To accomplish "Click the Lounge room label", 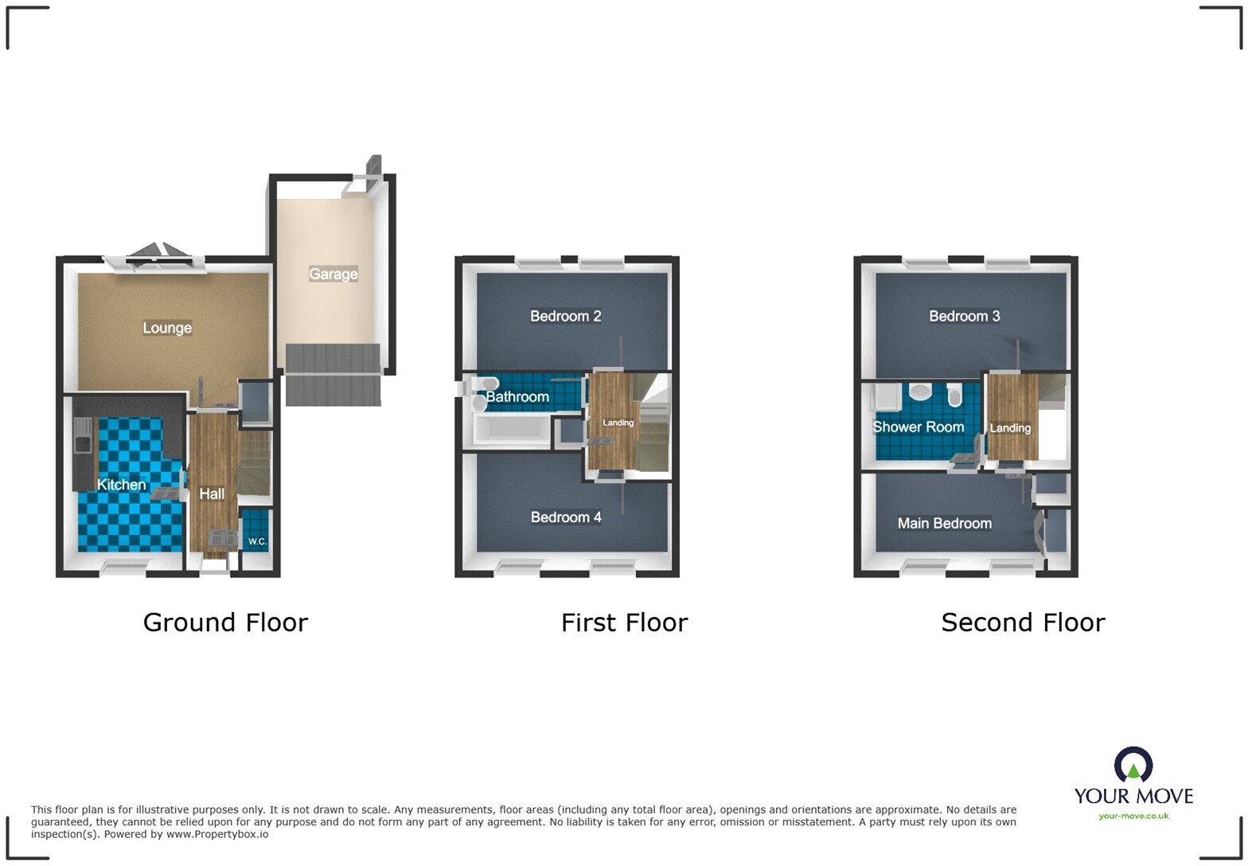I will pos(167,328).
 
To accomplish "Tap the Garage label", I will pos(333,274).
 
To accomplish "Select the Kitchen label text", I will pos(121,484).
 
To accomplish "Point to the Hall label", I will pos(212,494).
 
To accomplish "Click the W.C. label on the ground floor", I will pos(256,541).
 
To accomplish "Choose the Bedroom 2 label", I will pos(565,316).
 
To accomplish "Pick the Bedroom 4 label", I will pos(566,517).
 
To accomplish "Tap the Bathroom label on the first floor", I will pos(517,396).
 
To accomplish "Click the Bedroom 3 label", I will pos(964,316).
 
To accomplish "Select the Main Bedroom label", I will pos(944,523).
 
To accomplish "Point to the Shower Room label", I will pos(918,427).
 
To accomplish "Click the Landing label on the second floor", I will pos(1010,428).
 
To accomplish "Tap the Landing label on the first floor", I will pos(618,423).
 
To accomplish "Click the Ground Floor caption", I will pos(225,622).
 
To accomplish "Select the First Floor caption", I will pos(624,622).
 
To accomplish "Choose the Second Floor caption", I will pos(1023,622).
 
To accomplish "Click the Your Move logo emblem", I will pos(1133,765).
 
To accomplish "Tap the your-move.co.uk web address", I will pos(1133,816).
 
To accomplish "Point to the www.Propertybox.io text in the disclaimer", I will pos(216,834).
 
